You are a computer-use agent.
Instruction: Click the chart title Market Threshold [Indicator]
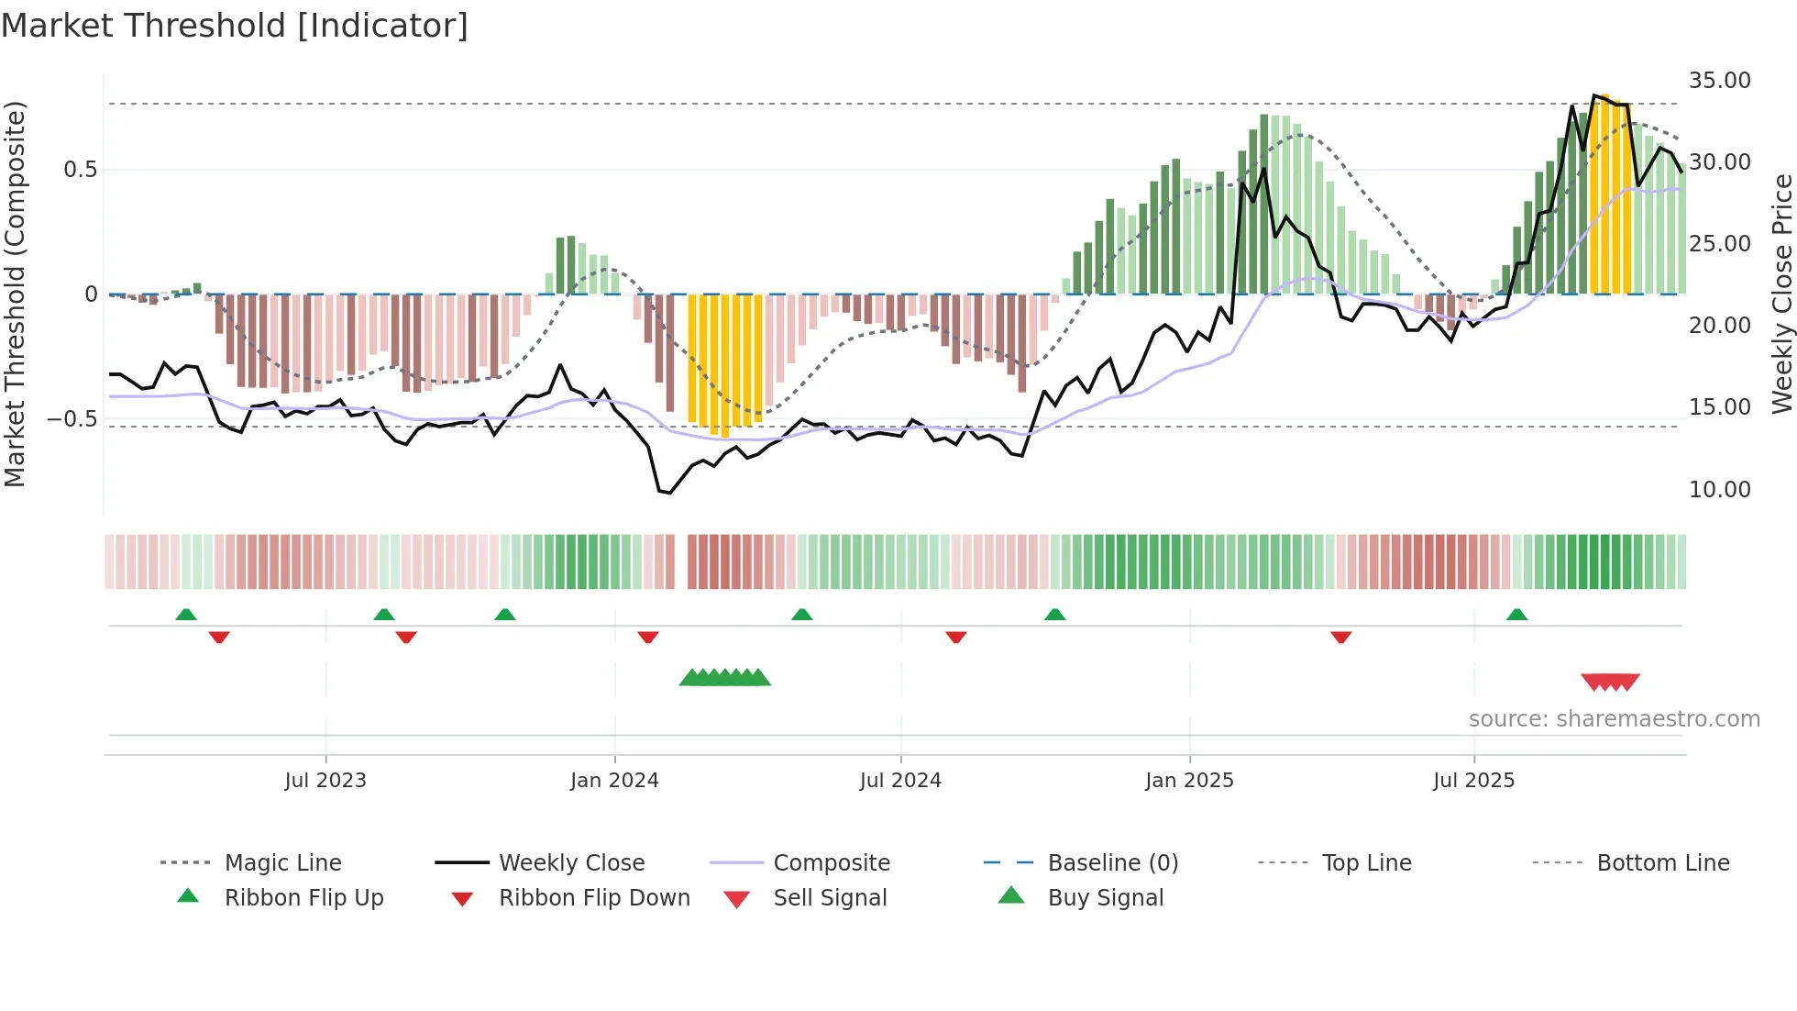point(235,26)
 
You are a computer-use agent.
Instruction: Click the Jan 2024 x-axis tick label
point(614,780)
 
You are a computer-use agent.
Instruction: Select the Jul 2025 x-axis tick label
point(1473,780)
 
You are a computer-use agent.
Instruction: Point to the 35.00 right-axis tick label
point(1719,81)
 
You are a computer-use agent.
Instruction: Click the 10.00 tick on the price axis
point(1719,489)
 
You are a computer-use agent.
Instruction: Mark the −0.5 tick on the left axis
point(72,418)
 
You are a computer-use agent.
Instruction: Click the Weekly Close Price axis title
point(1780,294)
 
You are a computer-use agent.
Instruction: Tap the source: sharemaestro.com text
point(1614,718)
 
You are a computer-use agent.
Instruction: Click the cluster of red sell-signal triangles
point(1610,682)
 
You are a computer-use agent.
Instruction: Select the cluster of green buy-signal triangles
point(725,678)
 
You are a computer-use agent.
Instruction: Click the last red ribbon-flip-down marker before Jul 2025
point(1340,637)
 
